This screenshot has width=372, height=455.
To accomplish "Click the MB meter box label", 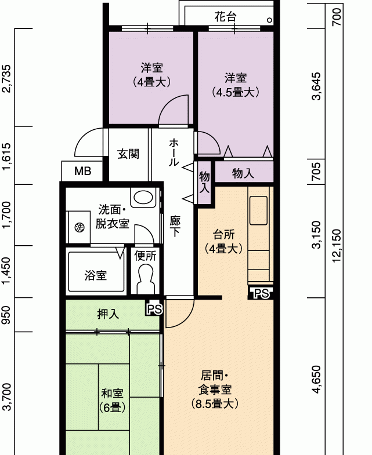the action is click(x=83, y=171).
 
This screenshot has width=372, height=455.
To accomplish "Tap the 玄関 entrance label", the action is click(x=128, y=154).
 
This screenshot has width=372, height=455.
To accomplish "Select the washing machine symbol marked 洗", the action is click(x=80, y=227).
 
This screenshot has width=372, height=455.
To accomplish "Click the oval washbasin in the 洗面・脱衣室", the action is click(x=143, y=197).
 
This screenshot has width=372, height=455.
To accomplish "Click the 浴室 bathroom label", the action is click(x=96, y=275).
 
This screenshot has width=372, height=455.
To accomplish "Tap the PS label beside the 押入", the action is click(x=154, y=310).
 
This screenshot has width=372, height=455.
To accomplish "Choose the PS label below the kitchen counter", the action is click(x=262, y=294).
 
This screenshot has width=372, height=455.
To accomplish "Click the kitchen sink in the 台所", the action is click(x=258, y=210).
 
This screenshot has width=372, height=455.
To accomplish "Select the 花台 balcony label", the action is click(x=225, y=17).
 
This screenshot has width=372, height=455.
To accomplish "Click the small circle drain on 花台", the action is click(x=270, y=20).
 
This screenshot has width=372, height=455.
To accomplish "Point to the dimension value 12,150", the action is click(x=337, y=246).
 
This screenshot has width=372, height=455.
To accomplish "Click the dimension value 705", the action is click(x=317, y=171).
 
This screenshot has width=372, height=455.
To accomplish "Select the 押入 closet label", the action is click(x=108, y=314).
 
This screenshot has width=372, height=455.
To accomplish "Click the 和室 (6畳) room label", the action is click(x=112, y=401).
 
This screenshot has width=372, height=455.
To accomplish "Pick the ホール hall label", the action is click(x=174, y=152).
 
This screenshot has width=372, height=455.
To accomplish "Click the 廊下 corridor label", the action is click(x=175, y=226).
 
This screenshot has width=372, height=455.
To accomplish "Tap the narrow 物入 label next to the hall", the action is click(x=204, y=182).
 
